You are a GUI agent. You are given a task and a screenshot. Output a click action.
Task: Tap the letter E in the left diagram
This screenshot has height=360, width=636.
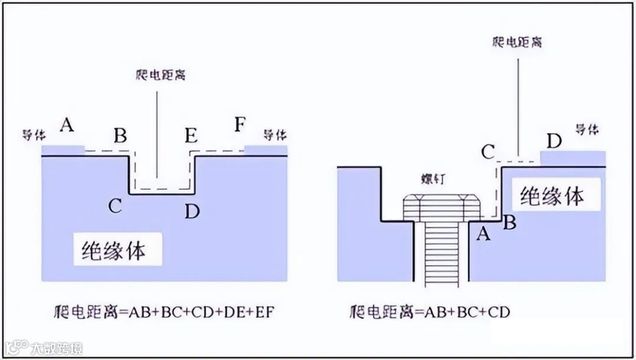click(x=191, y=136)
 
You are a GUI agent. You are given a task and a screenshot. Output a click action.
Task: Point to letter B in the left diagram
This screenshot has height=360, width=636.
click(x=120, y=136)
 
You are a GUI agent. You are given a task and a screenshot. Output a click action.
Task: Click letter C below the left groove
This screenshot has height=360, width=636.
click(x=115, y=206)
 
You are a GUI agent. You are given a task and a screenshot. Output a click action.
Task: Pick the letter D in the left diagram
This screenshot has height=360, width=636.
click(x=192, y=211)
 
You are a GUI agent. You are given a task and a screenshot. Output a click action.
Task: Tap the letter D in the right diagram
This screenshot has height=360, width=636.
click(x=554, y=141)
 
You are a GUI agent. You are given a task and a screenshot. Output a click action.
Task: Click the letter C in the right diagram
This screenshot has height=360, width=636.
click(x=488, y=152)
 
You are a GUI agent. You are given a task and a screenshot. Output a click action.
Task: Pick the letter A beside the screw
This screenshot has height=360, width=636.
click(x=483, y=234)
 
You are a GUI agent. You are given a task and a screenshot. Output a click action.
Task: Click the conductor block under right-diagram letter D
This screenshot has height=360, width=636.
click(x=572, y=158)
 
